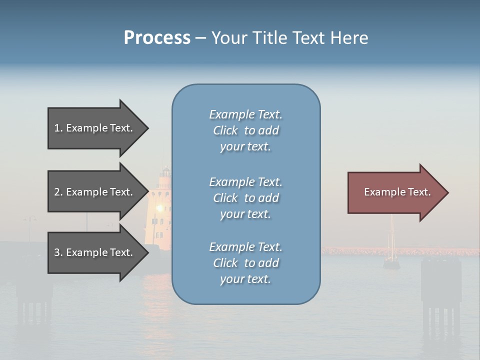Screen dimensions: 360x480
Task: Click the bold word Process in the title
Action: pos(157,38)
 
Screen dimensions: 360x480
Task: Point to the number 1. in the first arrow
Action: pos(58,128)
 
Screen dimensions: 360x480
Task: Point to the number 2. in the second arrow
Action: pos(58,192)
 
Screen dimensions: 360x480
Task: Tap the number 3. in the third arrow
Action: pos(58,252)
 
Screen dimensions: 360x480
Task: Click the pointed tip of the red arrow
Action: pos(446,192)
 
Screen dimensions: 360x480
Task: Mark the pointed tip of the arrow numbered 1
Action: pos(146,128)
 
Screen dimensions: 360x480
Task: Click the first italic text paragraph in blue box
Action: pos(245,130)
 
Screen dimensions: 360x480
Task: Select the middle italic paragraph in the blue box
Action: pos(245,198)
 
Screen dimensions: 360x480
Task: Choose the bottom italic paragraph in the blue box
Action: pos(245,263)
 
